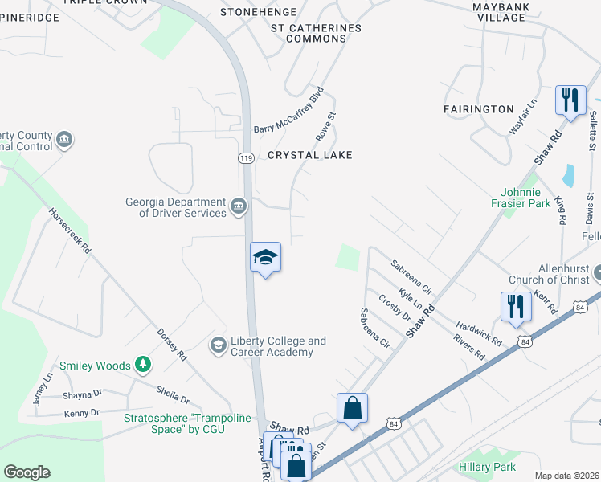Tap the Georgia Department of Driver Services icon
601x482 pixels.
point(238,207)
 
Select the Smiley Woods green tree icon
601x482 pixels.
point(142,365)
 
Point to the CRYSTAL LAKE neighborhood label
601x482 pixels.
point(310,155)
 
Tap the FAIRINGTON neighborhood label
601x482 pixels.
point(479,108)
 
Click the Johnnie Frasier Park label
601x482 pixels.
point(526,198)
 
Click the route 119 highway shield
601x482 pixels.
point(247,158)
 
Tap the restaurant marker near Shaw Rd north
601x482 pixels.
point(570,100)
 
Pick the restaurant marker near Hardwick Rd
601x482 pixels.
point(515,306)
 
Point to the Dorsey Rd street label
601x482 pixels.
point(172,344)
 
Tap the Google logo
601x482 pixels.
point(27,472)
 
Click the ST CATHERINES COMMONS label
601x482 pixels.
point(316,33)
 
